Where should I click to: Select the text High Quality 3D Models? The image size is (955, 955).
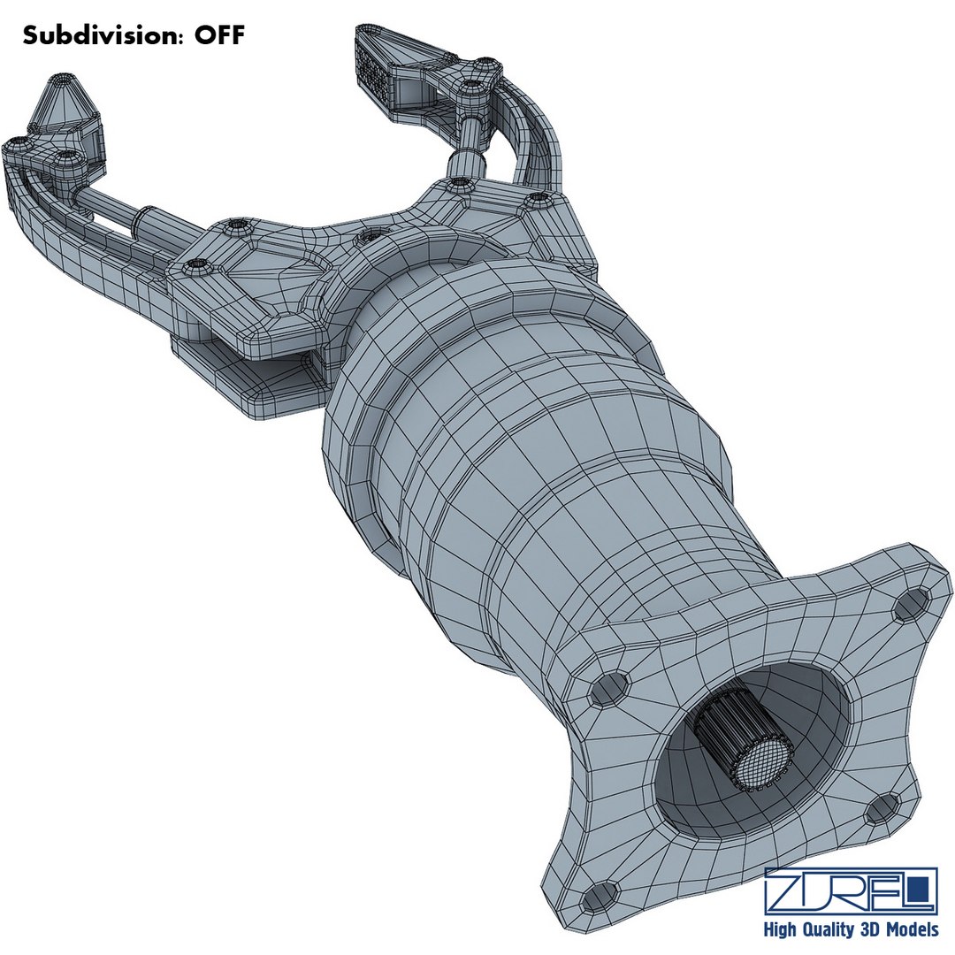click(851, 929)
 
